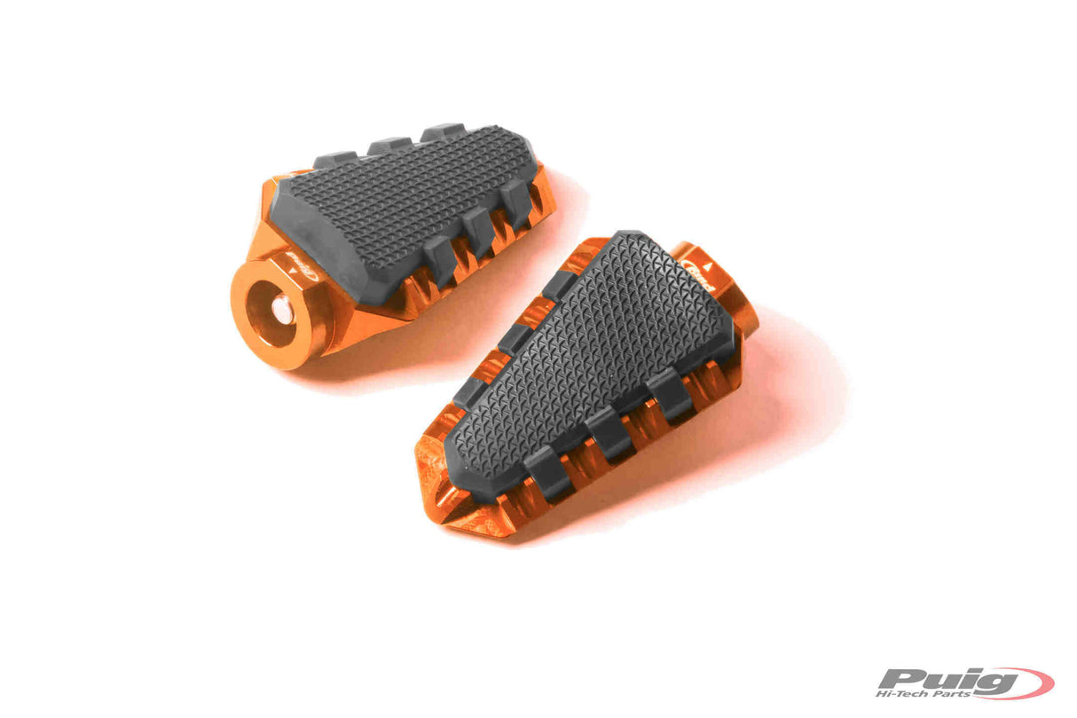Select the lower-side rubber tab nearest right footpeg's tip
(546, 472)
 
